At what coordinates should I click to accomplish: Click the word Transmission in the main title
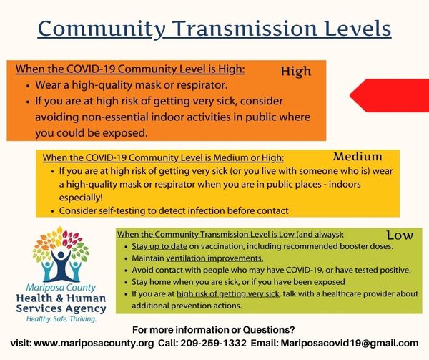(244, 29)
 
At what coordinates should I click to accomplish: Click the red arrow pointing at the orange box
(390, 95)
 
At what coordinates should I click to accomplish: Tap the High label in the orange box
(296, 72)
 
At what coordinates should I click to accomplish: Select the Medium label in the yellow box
(357, 157)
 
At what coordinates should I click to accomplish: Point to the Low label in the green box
(400, 235)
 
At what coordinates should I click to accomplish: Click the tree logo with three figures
(61, 254)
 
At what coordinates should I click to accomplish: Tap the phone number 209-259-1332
(213, 343)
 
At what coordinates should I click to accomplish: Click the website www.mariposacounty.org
(94, 344)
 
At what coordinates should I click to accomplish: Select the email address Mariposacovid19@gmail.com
(350, 344)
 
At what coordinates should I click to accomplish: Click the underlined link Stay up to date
(159, 246)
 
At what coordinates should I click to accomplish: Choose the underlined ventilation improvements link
(214, 258)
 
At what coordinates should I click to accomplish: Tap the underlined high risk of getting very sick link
(228, 294)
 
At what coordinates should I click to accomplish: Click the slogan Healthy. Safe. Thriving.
(61, 319)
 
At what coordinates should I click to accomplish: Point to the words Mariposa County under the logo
(61, 288)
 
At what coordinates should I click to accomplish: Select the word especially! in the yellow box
(81, 198)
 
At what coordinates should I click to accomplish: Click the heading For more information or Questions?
(213, 330)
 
